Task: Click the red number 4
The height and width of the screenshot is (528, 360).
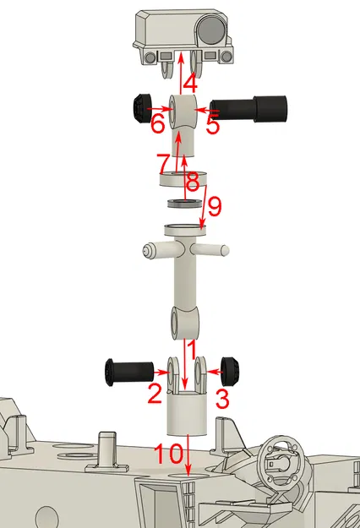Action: pos(190,84)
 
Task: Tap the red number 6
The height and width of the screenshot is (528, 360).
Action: pos(157,124)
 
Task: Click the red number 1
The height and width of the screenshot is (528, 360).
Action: pos(192,346)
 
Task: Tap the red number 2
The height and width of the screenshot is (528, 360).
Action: pos(154,392)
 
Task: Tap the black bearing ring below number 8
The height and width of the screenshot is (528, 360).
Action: pos(181,204)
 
